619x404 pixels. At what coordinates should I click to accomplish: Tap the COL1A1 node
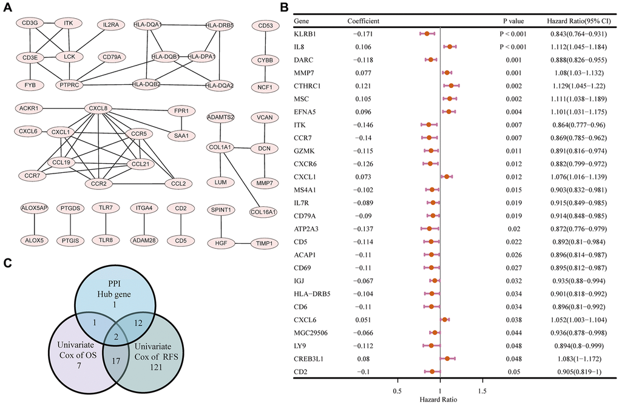tap(223, 147)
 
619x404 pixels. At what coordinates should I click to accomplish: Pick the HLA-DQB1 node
tap(164, 56)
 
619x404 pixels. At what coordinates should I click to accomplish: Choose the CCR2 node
tap(100, 182)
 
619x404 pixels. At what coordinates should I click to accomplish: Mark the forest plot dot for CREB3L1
tap(447, 359)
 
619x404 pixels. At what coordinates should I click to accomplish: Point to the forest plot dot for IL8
tap(450, 47)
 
